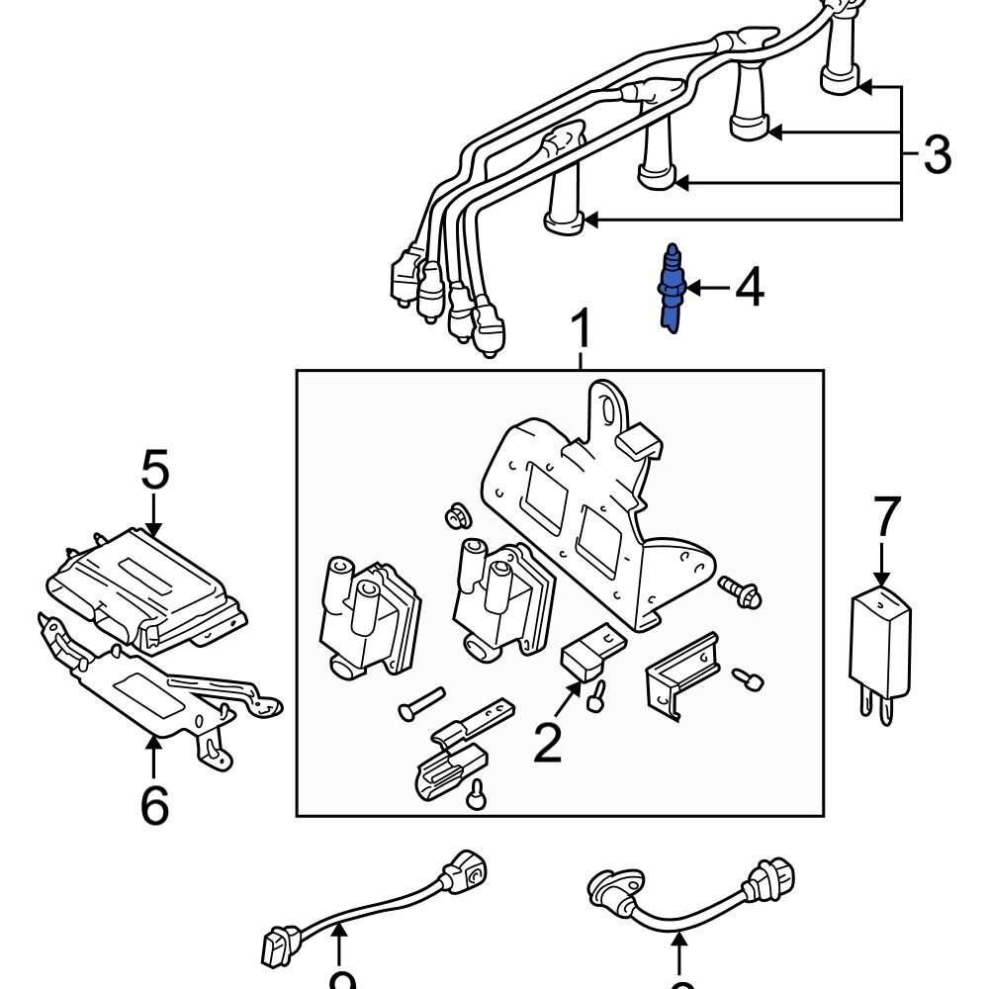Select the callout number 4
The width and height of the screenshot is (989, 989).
(x=749, y=288)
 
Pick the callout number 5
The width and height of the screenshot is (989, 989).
(x=154, y=471)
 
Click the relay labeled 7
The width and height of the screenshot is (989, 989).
(x=879, y=638)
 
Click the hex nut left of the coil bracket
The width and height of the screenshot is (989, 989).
(x=456, y=516)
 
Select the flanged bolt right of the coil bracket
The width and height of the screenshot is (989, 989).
(x=739, y=590)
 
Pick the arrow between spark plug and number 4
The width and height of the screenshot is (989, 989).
(x=706, y=288)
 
